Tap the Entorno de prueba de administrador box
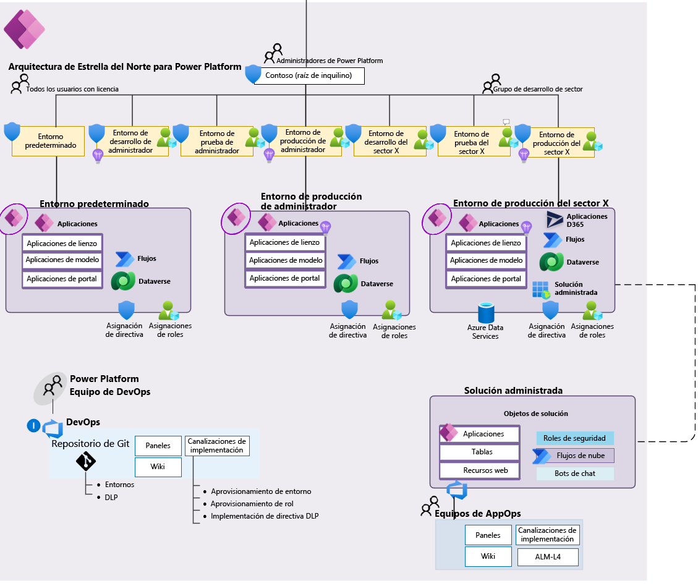click(x=216, y=142)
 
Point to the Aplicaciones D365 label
click(x=587, y=220)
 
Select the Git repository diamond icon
click(x=85, y=461)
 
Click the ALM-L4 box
click(x=548, y=557)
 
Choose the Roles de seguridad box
click(x=574, y=438)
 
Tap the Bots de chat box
click(x=574, y=473)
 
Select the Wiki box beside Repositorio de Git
click(x=158, y=467)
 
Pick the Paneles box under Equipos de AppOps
click(x=488, y=535)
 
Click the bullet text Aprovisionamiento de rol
click(x=252, y=504)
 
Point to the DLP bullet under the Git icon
click(x=111, y=496)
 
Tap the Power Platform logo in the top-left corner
click(x=24, y=29)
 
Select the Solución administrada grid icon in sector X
click(x=540, y=289)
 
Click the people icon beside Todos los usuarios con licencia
click(x=20, y=83)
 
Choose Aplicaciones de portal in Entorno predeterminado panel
click(x=62, y=279)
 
